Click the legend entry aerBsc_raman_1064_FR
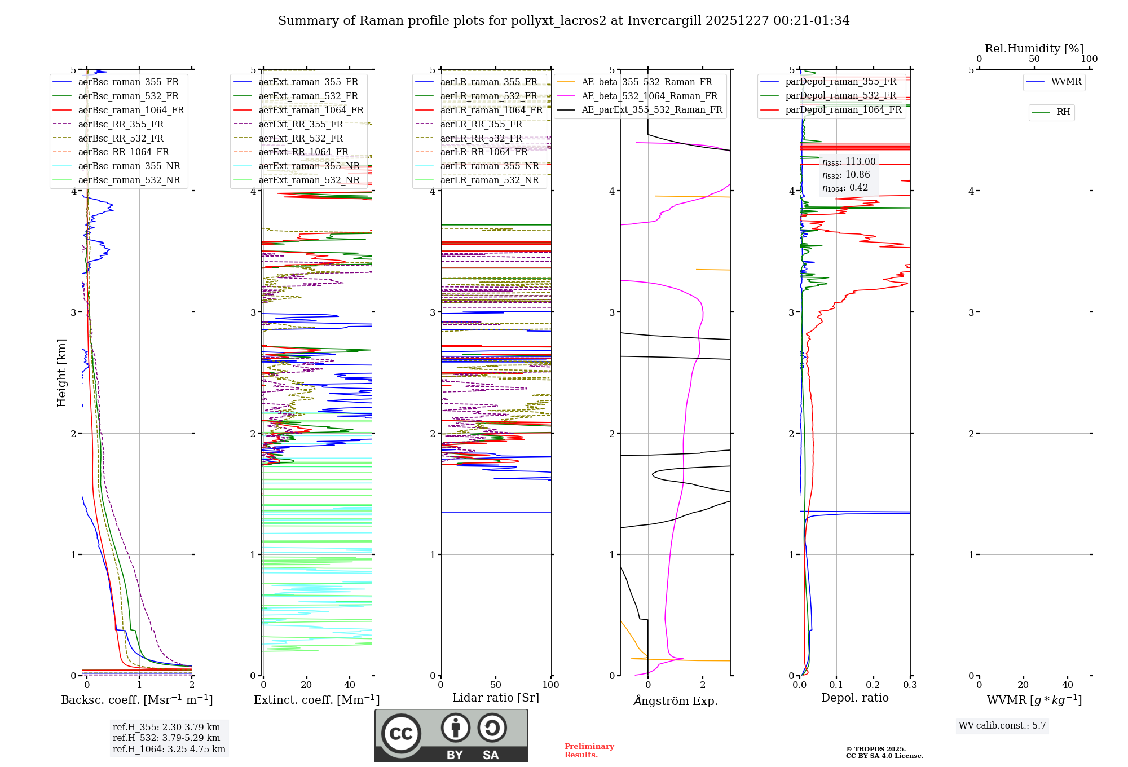[x=131, y=110]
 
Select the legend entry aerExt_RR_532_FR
[x=301, y=138]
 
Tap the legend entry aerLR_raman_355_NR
[x=489, y=166]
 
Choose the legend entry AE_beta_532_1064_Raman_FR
[x=649, y=96]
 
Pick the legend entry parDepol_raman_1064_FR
[x=843, y=109]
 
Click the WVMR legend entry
[x=1065, y=82]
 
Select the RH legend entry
[x=1063, y=112]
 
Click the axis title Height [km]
[x=61, y=373]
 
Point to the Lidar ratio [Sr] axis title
[x=495, y=698]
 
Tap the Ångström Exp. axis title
[x=675, y=700]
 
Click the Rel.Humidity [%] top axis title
[x=1034, y=49]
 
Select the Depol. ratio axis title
[x=854, y=698]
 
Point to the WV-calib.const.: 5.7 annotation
[x=1002, y=725]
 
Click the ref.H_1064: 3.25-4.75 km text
[x=169, y=749]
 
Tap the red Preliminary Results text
[x=589, y=750]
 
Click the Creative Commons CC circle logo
[x=401, y=733]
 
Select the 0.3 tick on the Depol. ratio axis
[x=910, y=685]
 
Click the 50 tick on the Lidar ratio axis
[x=495, y=685]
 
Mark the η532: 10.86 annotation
[x=846, y=175]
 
